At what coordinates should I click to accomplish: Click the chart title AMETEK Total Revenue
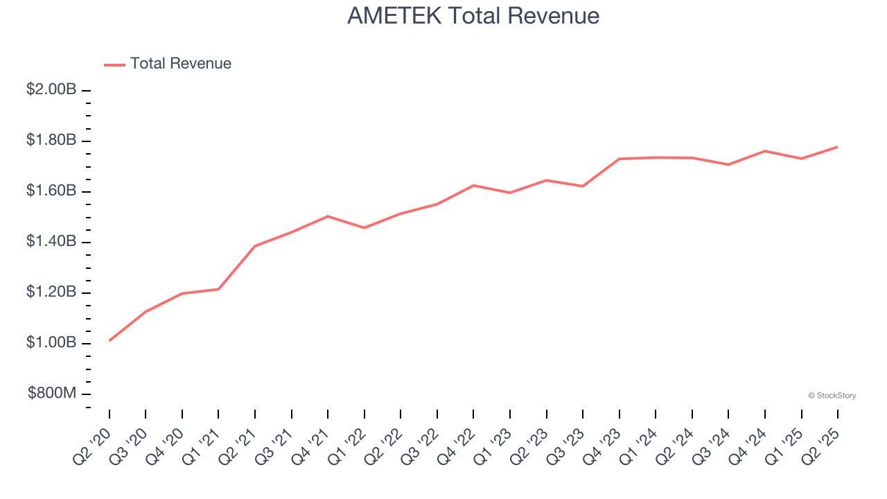click(x=473, y=16)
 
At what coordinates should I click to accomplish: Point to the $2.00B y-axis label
click(x=51, y=89)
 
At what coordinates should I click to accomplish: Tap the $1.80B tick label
click(x=51, y=140)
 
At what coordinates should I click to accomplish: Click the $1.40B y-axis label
click(x=51, y=241)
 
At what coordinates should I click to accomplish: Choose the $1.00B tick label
click(x=51, y=343)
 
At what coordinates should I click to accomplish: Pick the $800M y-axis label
click(x=52, y=394)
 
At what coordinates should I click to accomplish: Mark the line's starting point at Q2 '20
click(x=109, y=340)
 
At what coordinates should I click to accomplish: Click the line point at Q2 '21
click(x=255, y=246)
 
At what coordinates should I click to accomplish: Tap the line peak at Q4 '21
click(x=328, y=216)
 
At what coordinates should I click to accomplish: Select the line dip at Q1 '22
click(x=365, y=228)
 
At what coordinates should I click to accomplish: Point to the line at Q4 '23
click(x=620, y=159)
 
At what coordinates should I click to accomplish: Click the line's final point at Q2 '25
click(x=838, y=147)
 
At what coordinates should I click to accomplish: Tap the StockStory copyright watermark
click(x=832, y=396)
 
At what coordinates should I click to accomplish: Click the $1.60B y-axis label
click(x=51, y=191)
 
